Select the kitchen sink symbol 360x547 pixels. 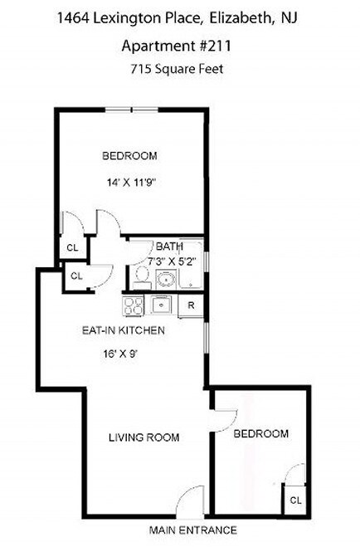[x=162, y=306]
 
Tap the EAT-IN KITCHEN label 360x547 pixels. [x=124, y=330]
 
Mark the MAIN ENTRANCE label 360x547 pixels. [x=192, y=530]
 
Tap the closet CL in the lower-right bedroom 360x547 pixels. [x=294, y=500]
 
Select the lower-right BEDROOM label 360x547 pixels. [x=260, y=434]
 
